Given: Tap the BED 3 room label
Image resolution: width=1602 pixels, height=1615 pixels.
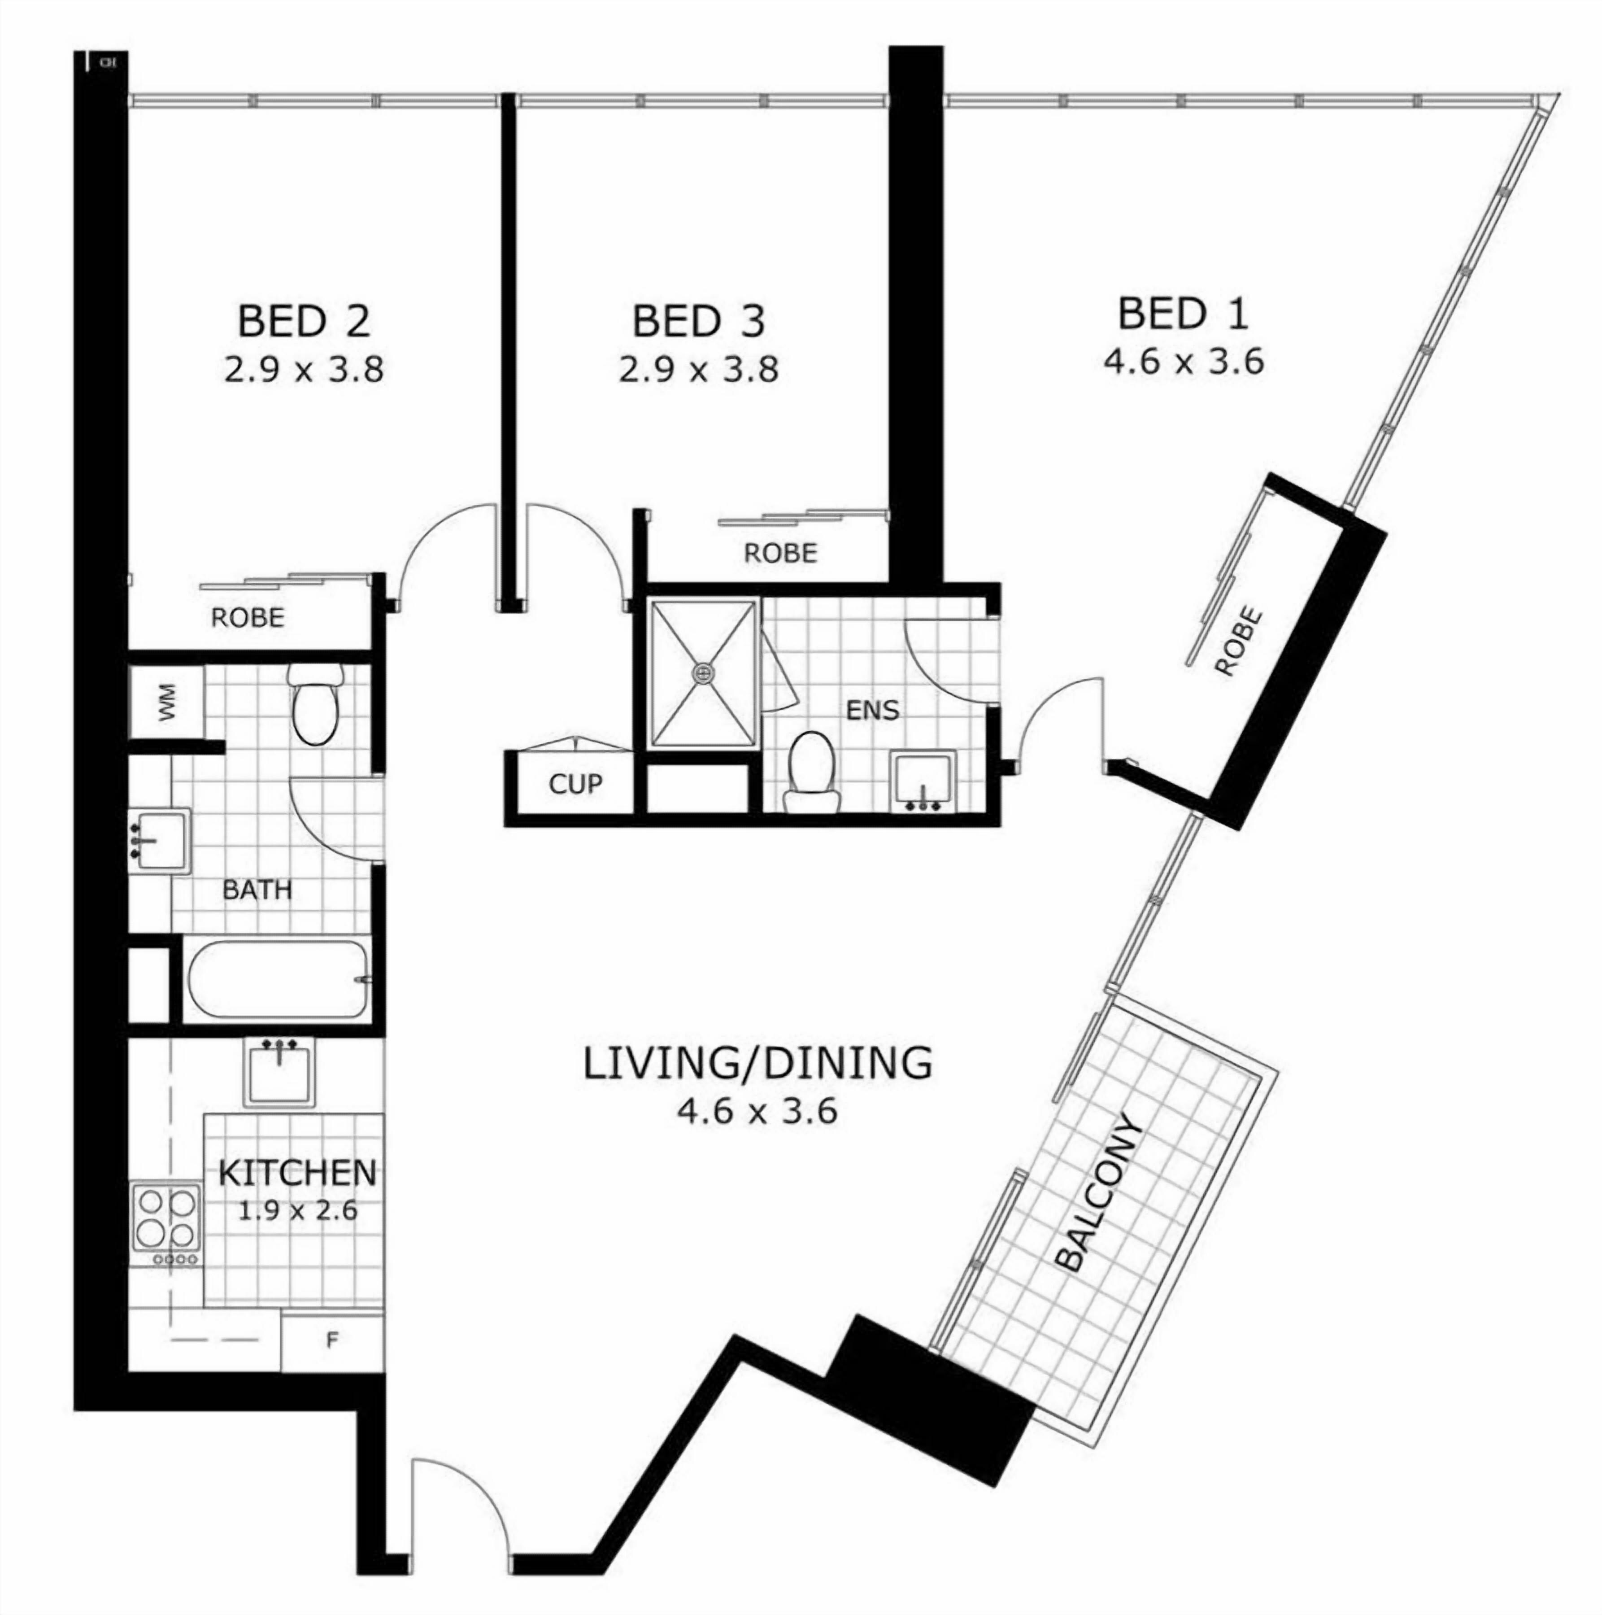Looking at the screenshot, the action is coord(699,322).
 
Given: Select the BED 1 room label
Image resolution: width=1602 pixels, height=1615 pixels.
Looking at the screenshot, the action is coord(1183,314).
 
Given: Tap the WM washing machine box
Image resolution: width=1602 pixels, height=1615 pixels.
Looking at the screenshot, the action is coord(167,702).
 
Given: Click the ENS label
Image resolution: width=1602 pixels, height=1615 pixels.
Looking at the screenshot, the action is coord(872,711).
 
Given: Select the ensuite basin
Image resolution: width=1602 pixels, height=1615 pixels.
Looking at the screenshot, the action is coord(923,781).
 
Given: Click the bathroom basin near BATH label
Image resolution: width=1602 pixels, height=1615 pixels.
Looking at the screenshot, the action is coord(160,840).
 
